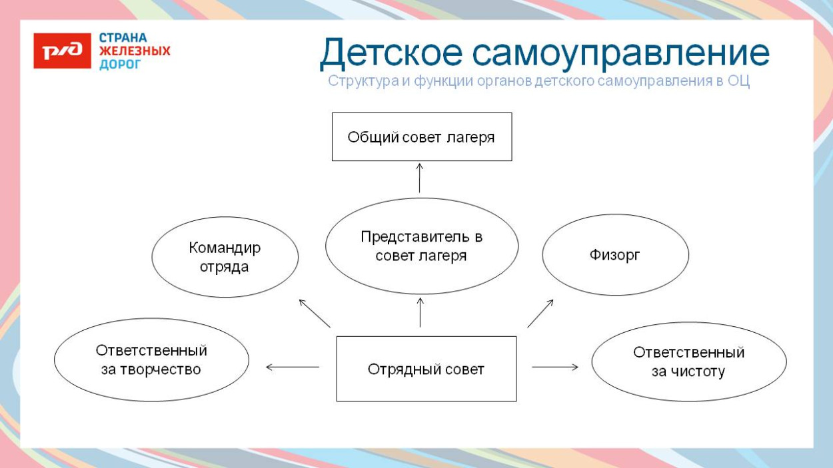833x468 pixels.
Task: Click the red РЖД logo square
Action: tap(62, 51)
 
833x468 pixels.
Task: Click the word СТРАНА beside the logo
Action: tap(123, 37)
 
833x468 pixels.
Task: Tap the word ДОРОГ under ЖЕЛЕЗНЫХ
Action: tap(120, 65)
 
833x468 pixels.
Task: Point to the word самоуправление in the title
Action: tap(620, 53)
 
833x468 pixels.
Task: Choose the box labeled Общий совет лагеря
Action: tap(421, 137)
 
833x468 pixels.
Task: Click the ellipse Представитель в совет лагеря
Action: tap(421, 246)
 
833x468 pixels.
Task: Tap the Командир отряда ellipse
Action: tap(225, 257)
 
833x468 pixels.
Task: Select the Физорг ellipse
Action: tap(614, 255)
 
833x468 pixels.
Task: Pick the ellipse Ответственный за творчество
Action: tap(151, 359)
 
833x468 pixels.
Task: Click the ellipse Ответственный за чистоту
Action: tap(688, 361)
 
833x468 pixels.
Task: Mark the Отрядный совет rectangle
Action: tap(426, 369)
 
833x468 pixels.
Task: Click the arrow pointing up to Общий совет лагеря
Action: tap(420, 177)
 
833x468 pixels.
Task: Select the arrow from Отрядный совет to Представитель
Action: tap(420, 312)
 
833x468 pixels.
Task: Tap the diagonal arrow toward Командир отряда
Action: tap(314, 313)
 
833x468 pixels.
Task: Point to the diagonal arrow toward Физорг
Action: tap(540, 313)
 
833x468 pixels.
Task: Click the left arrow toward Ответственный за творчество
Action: tap(292, 367)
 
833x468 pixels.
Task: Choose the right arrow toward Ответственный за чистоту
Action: tap(554, 367)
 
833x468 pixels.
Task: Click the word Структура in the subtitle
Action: tap(359, 82)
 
